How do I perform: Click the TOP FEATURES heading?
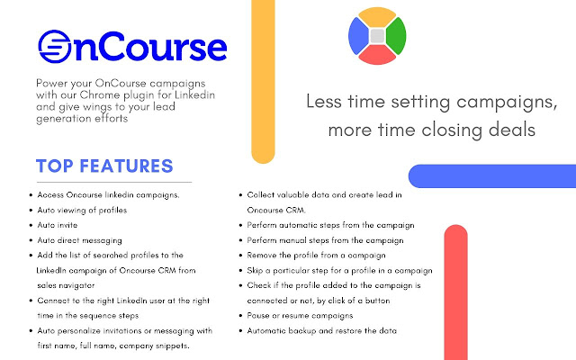(104, 166)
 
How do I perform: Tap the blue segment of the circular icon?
(358, 36)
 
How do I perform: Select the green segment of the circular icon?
(395, 35)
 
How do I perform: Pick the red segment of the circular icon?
(377, 55)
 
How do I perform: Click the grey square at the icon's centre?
(377, 36)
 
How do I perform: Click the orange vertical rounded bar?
(263, 81)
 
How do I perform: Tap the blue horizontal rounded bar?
(490, 175)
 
